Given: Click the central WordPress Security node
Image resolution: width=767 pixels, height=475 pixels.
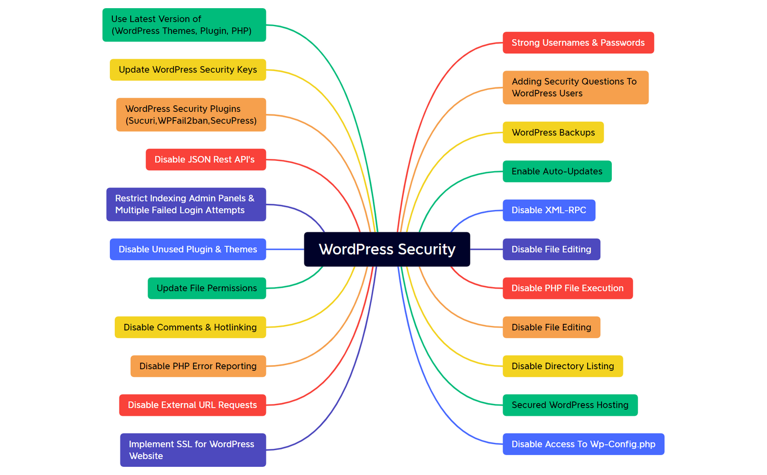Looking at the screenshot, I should pyautogui.click(x=387, y=249).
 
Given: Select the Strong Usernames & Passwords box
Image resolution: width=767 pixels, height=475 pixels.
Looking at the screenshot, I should pyautogui.click(x=578, y=43).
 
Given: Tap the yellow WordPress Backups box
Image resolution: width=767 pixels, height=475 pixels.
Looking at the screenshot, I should pyautogui.click(x=553, y=133).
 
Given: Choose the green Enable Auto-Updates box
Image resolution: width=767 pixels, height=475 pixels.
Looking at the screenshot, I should pyautogui.click(x=557, y=172).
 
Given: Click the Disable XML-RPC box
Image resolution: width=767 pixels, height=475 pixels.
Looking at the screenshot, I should pyautogui.click(x=548, y=210).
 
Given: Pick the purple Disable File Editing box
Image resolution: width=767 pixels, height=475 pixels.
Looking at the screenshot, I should pyautogui.click(x=551, y=249).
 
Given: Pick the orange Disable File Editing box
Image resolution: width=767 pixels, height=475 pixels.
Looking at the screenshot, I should pyautogui.click(x=551, y=327).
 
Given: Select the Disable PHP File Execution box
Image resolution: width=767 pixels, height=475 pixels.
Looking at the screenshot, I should pyautogui.click(x=567, y=289).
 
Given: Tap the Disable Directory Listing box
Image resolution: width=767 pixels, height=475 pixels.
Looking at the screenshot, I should pyautogui.click(x=562, y=366).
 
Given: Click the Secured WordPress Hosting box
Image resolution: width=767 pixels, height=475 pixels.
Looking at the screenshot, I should pyautogui.click(x=570, y=405).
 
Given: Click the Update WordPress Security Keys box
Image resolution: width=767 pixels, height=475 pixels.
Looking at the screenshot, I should pyautogui.click(x=187, y=70).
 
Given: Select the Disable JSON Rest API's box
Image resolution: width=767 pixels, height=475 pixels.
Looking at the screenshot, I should pyautogui.click(x=205, y=160).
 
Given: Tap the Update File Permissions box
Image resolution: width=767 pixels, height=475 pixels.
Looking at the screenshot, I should pyautogui.click(x=206, y=289).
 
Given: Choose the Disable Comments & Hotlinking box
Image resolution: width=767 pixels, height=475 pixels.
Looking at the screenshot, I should pyautogui.click(x=190, y=327).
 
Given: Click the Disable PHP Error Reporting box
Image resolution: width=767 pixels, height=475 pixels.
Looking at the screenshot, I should pyautogui.click(x=198, y=366).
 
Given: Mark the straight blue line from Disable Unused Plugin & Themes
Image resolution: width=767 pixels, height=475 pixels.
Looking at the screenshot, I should pyautogui.click(x=285, y=249).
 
